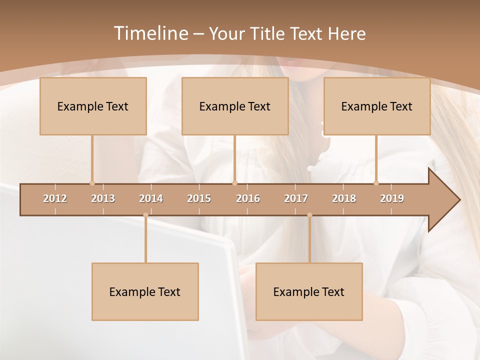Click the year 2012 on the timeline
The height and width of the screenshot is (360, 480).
coord(55,198)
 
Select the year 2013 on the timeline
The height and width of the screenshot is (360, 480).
coord(103,198)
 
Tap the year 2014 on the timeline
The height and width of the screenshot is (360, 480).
coord(151,198)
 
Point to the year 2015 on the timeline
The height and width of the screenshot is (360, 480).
coord(199,198)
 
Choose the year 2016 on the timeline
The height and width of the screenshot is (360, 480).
coord(248,198)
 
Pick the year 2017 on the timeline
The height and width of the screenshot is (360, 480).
coord(296,198)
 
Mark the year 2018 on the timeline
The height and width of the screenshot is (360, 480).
coord(344,198)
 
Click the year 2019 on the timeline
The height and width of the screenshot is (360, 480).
coord(392,198)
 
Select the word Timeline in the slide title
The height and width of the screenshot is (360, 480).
coord(150,33)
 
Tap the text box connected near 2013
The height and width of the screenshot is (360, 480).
coord(93,106)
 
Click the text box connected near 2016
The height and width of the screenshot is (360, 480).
coord(235,106)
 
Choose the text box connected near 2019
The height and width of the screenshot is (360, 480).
coord(377,106)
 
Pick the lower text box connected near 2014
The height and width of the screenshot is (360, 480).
coord(145,291)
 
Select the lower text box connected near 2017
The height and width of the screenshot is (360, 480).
coord(309,291)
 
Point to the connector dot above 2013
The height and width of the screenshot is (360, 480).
coord(92,183)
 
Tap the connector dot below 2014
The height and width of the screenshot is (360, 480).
coord(145,215)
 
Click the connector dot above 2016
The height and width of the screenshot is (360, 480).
coord(234,183)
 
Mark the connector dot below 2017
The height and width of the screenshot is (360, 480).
coord(309,215)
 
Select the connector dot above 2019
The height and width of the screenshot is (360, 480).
coord(376,183)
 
